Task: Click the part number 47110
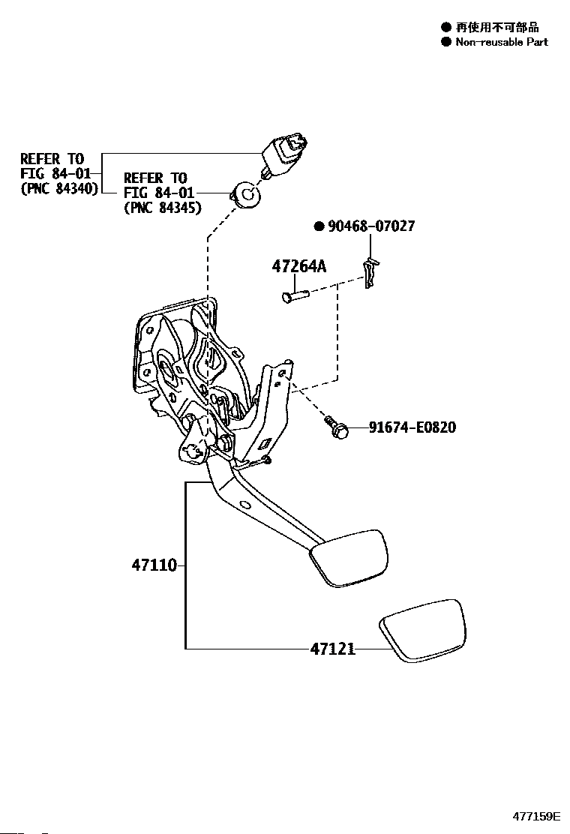[x=154, y=565]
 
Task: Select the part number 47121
[x=333, y=649]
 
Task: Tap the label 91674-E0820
[x=412, y=427]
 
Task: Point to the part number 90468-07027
[x=371, y=226]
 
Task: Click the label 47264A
[x=298, y=266]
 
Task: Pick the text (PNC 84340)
[x=59, y=188]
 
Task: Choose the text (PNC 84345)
[x=163, y=208]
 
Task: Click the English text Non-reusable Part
[x=502, y=42]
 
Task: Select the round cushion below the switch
[x=246, y=195]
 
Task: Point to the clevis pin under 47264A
[x=295, y=294]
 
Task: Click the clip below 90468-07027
[x=371, y=272]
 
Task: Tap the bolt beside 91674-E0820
[x=336, y=427]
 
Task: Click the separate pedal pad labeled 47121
[x=421, y=630]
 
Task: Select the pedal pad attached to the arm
[x=349, y=559]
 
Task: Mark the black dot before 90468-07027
[x=319, y=227]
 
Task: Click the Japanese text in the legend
[x=497, y=26]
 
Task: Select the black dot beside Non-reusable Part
[x=445, y=42]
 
